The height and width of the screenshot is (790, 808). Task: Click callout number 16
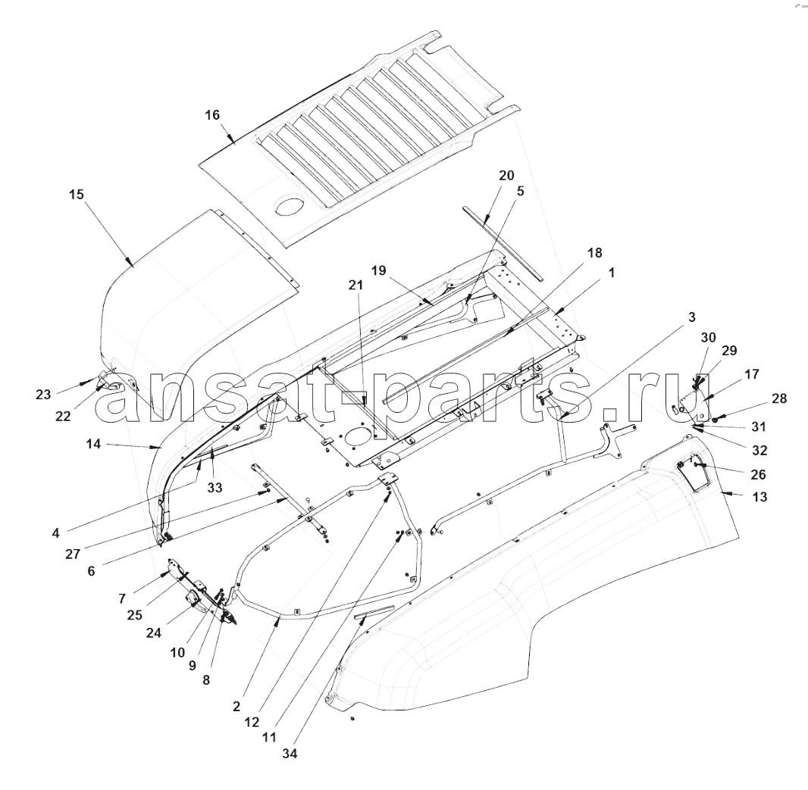pyautogui.click(x=212, y=115)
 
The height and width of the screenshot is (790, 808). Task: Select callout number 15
pyautogui.click(x=77, y=195)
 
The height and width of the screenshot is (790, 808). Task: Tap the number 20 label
pyautogui.click(x=506, y=175)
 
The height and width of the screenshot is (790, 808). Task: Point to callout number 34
pyautogui.click(x=290, y=754)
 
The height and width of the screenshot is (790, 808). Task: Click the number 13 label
pyautogui.click(x=759, y=497)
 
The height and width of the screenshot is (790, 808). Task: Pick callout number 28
pyautogui.click(x=779, y=398)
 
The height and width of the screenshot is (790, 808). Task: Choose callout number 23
pyautogui.click(x=43, y=395)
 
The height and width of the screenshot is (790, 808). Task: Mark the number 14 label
pyautogui.click(x=93, y=443)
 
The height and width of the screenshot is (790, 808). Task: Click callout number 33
pyautogui.click(x=215, y=487)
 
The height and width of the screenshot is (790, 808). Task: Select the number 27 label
pyautogui.click(x=73, y=554)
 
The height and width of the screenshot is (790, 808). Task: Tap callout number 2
pyautogui.click(x=236, y=707)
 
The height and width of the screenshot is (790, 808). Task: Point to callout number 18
pyautogui.click(x=594, y=253)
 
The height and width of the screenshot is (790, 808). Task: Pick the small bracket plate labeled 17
pyautogui.click(x=694, y=401)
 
